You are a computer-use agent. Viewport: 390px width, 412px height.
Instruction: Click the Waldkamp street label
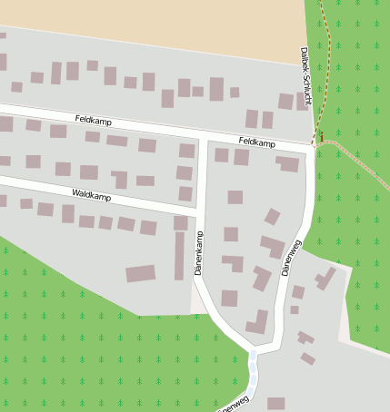click(91, 196)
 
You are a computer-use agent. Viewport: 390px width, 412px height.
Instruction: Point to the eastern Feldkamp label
click(256, 142)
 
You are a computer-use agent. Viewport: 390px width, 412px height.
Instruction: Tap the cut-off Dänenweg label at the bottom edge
click(234, 402)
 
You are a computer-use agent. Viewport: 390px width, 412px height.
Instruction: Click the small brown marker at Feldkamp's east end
click(319, 138)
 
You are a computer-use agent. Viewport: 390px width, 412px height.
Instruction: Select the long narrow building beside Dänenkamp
click(179, 256)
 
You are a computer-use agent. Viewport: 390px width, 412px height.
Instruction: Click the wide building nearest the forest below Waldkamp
click(140, 273)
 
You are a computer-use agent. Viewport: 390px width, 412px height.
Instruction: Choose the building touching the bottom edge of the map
click(275, 404)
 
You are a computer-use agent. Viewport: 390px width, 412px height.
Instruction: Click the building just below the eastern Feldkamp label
click(242, 157)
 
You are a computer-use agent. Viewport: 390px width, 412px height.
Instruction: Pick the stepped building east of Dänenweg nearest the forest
click(325, 277)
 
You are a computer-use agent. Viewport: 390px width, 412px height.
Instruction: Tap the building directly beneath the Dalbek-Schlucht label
click(301, 101)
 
